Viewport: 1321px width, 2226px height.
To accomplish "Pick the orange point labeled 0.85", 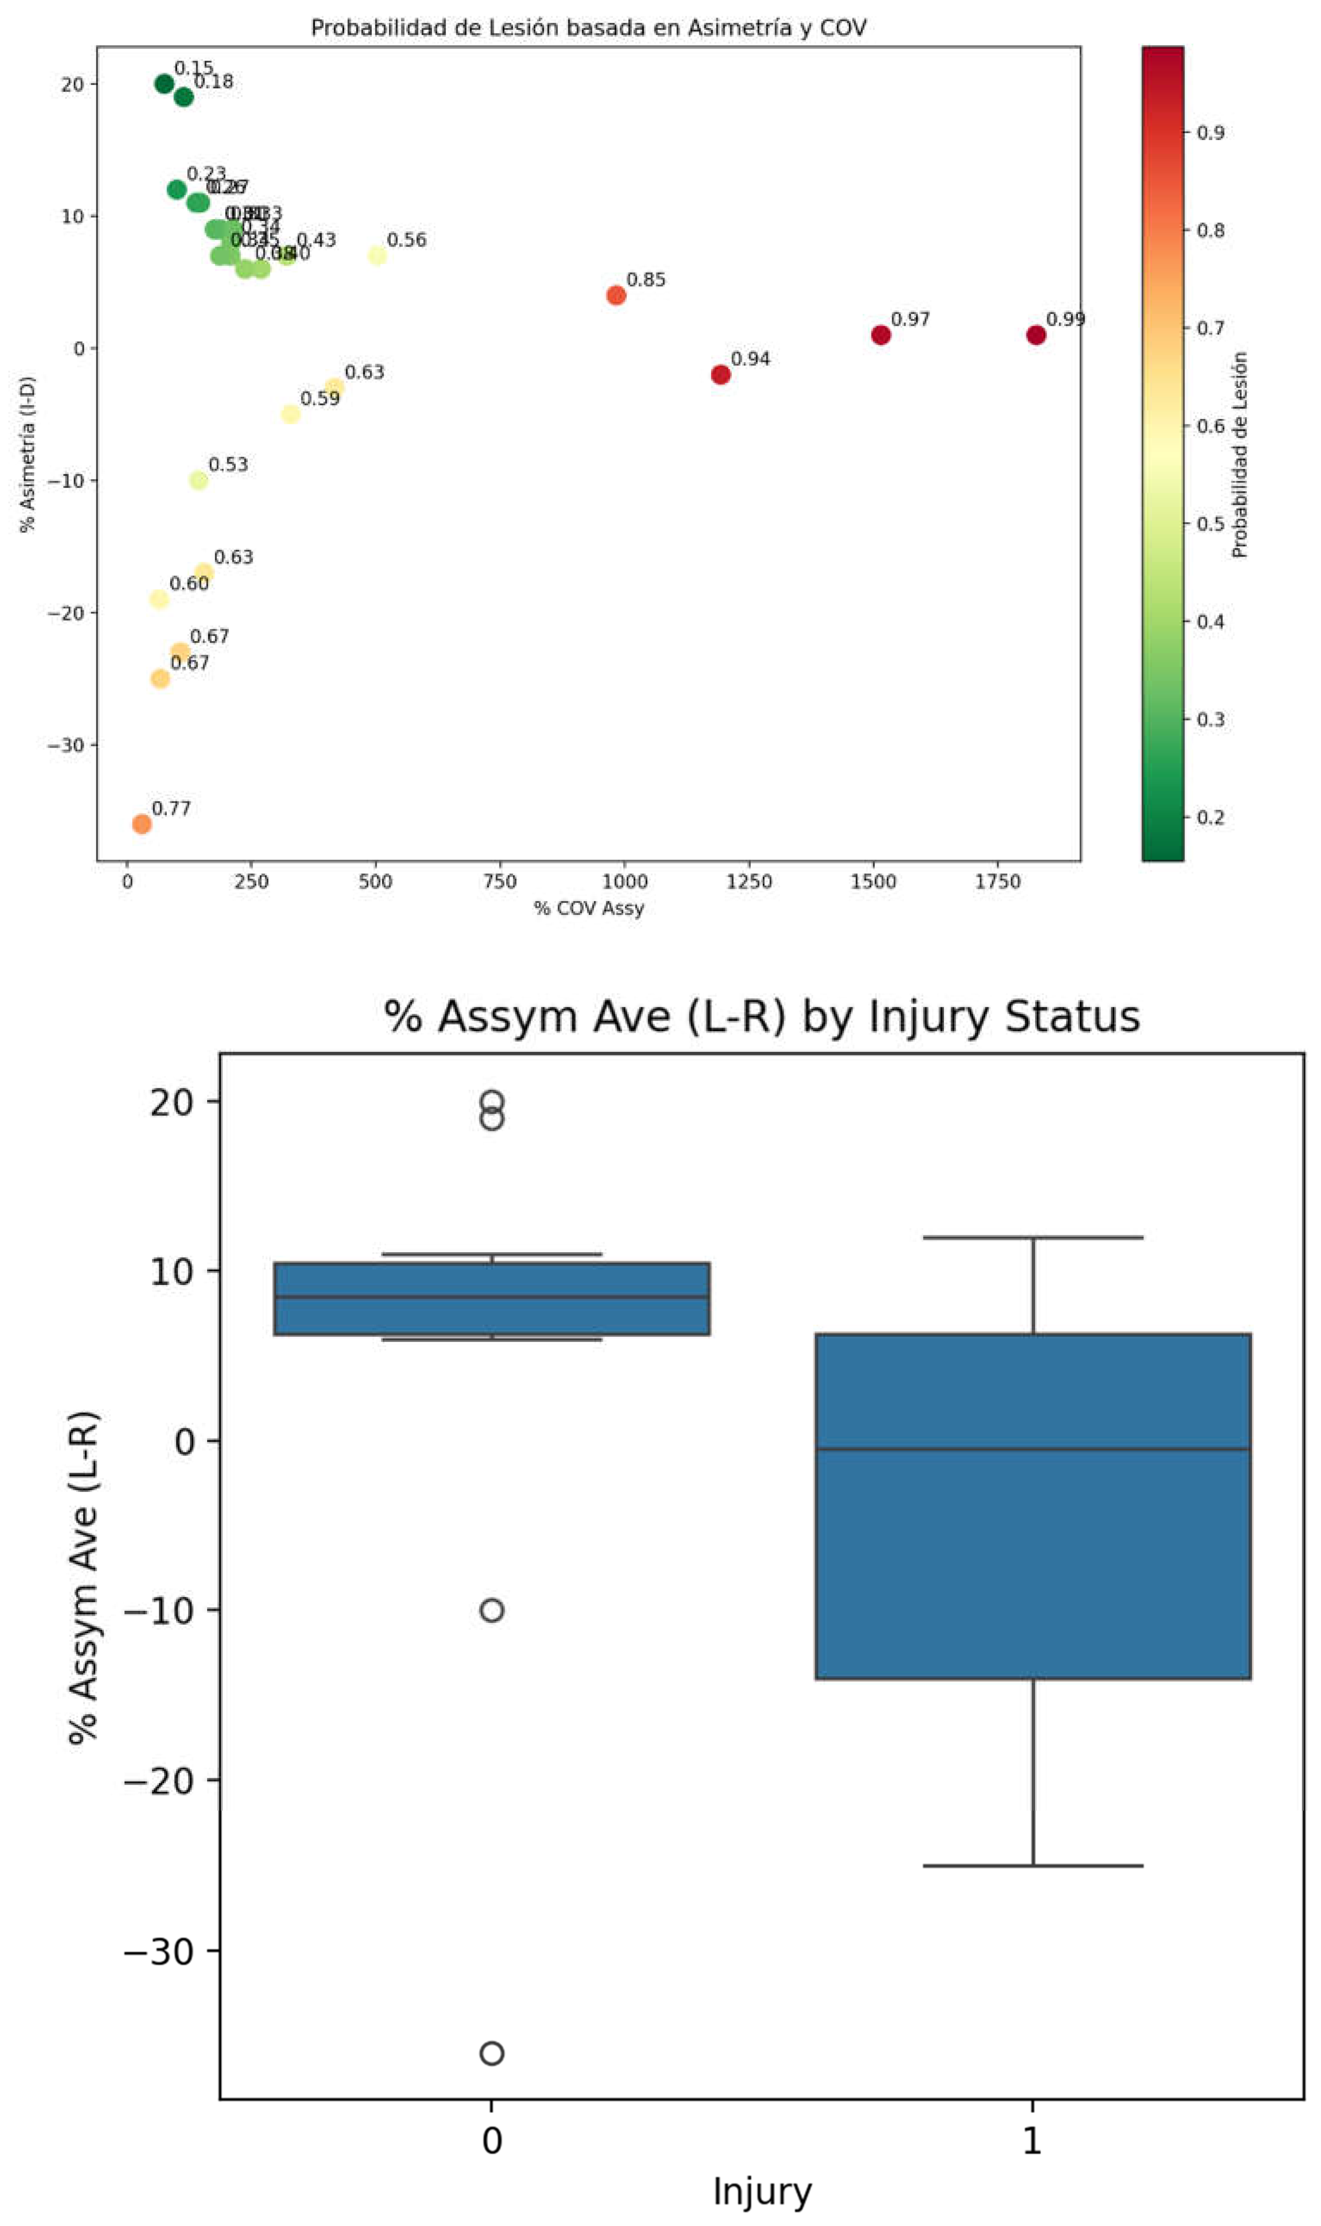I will tap(616, 295).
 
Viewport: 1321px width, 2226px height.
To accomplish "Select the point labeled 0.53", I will tap(198, 480).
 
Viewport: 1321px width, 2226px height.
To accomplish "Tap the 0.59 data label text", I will tap(319, 399).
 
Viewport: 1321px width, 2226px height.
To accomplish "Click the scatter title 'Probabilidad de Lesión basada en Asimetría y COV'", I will tap(589, 28).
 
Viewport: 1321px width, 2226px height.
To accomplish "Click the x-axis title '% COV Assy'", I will tap(589, 908).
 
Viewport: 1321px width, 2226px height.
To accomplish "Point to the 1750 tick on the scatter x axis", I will tap(997, 882).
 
